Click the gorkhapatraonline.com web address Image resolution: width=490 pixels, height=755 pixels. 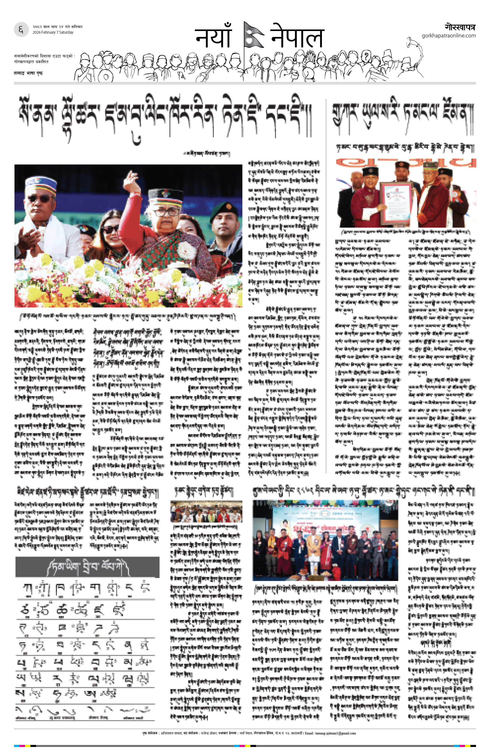[x=449, y=36]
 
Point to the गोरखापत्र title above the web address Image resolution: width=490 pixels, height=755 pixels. [x=460, y=27]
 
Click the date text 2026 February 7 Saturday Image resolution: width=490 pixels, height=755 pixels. [x=53, y=32]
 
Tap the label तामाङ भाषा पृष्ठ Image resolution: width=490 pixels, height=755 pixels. [x=28, y=73]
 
